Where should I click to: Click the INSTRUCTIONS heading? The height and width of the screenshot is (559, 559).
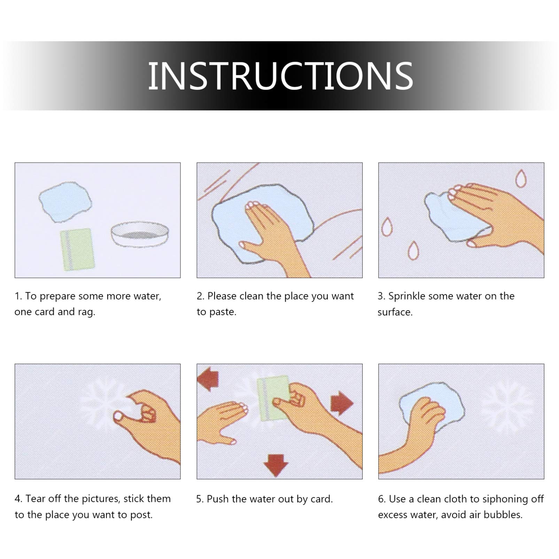click(281, 76)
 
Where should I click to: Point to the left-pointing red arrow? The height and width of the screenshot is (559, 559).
click(208, 379)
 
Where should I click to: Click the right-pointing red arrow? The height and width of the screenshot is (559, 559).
click(342, 403)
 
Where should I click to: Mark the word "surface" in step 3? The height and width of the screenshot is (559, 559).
click(395, 312)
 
